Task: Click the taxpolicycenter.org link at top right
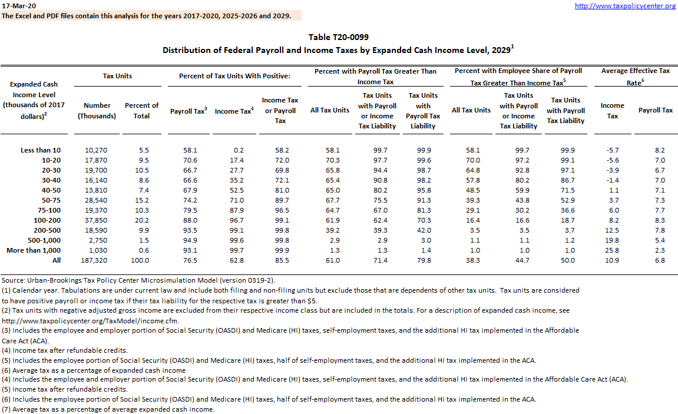click(625, 6)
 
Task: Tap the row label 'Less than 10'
click(40, 151)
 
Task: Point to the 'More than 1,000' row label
click(34, 250)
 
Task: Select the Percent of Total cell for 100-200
click(141, 220)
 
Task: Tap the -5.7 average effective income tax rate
click(613, 151)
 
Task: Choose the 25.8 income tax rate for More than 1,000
click(613, 250)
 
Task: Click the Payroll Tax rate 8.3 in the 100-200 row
click(659, 220)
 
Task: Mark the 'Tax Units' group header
click(118, 76)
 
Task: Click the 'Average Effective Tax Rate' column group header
click(636, 77)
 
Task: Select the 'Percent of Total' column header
click(141, 111)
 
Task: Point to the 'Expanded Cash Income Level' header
click(34, 100)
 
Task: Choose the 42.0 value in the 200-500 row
click(423, 230)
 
